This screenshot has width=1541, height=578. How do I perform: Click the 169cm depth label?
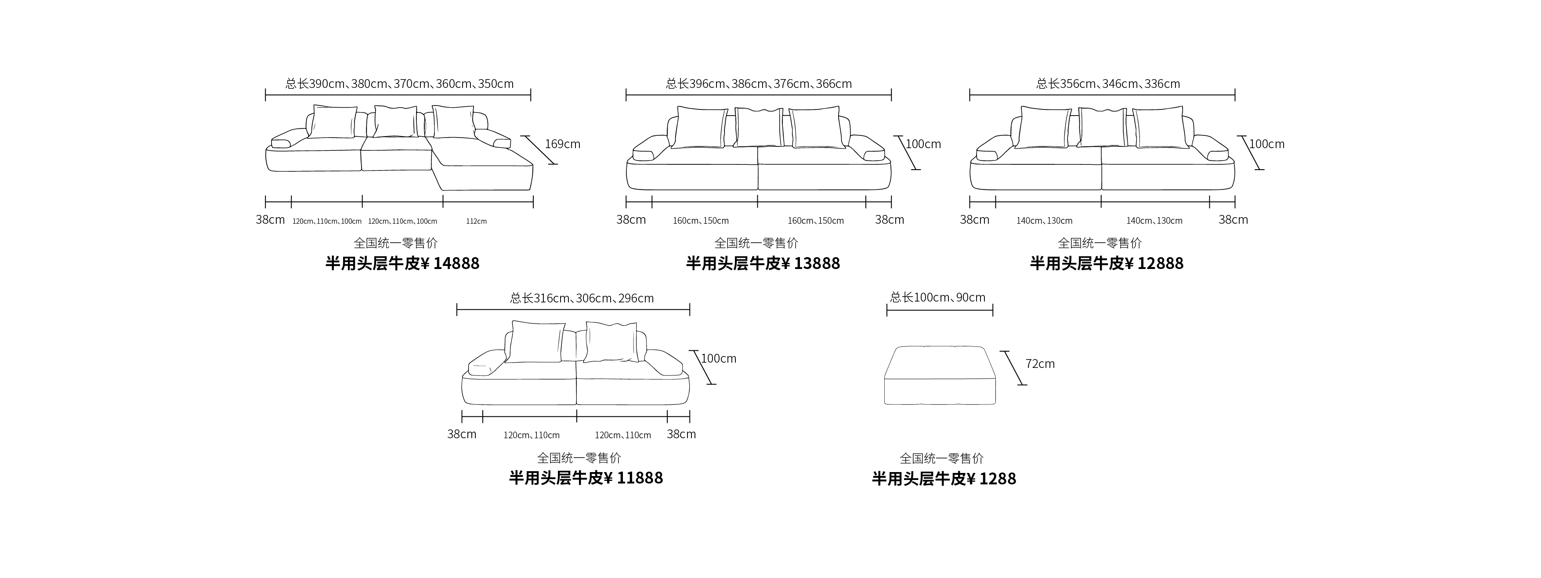[562, 144]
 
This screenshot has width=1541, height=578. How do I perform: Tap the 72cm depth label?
[1040, 364]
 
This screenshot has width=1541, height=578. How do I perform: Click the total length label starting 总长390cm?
[399, 84]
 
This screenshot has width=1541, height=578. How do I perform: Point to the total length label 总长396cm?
[759, 84]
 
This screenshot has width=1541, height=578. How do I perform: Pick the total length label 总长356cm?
[1108, 84]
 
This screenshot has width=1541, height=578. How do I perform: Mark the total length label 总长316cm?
[582, 298]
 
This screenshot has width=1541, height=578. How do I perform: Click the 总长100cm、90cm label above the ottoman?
[937, 298]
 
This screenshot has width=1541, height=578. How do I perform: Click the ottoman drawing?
[940, 375]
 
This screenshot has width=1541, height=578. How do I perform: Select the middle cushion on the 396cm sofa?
[758, 127]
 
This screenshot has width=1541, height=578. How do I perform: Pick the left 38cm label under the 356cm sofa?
[974, 220]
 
